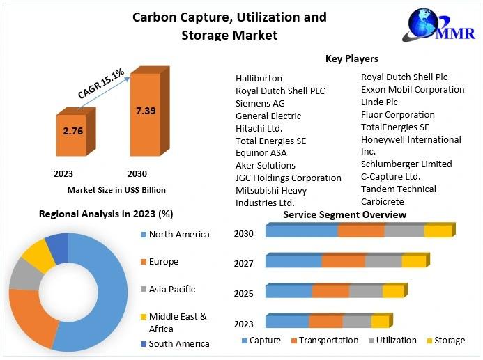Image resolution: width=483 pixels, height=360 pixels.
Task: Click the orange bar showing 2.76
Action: [x=72, y=135]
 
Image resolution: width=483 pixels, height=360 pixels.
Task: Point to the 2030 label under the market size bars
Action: [x=137, y=173]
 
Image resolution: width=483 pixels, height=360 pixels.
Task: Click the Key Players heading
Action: [x=351, y=58]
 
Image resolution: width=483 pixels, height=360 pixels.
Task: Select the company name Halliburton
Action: [x=259, y=78]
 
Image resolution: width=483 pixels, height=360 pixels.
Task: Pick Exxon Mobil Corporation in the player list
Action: [x=413, y=89]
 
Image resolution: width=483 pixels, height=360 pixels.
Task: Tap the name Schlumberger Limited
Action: [x=406, y=164]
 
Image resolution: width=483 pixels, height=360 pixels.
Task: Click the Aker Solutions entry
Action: [x=266, y=165]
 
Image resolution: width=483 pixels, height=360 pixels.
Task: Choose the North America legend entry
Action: [x=178, y=234]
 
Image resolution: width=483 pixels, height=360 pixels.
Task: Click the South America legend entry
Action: [x=178, y=343]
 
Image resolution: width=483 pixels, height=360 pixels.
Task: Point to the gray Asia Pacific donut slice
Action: [x=23, y=276]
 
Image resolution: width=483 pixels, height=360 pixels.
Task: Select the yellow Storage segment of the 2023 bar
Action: [x=380, y=322]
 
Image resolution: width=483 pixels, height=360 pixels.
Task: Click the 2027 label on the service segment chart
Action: [x=244, y=263]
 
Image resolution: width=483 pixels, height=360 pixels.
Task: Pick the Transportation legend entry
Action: [x=324, y=341]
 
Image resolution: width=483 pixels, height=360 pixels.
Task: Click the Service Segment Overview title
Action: [x=344, y=214]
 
